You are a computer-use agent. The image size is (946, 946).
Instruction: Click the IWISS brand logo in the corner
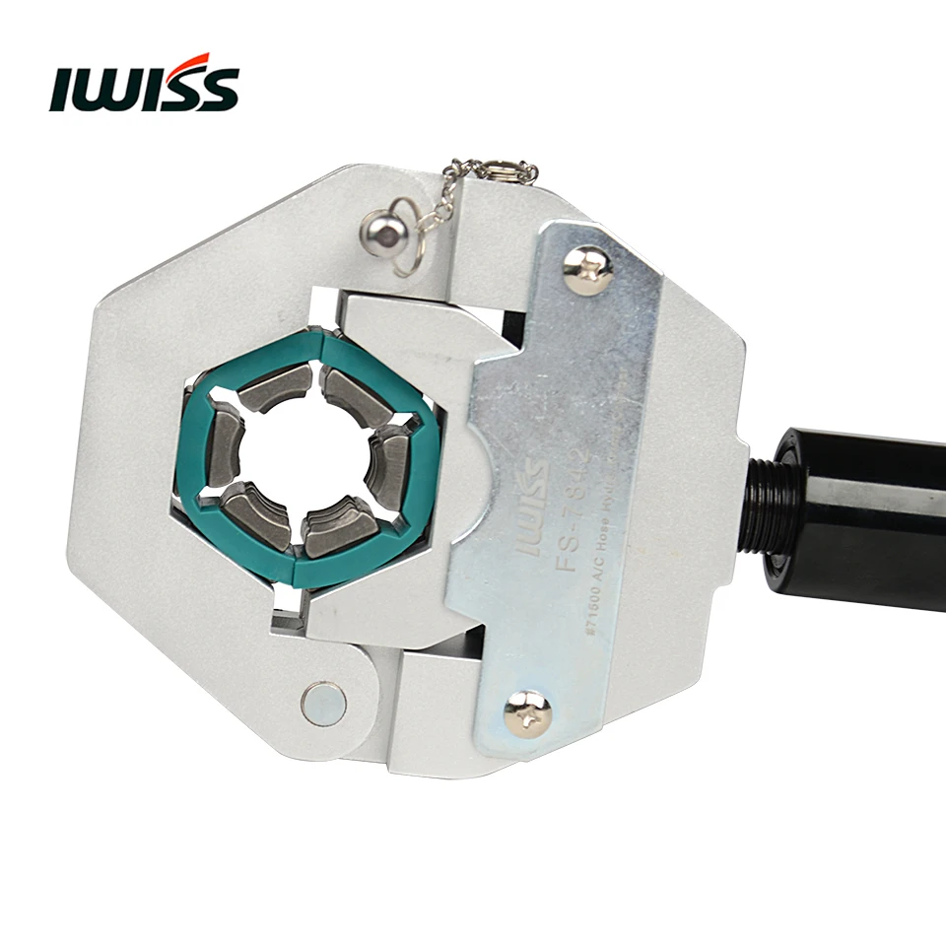pyautogui.click(x=144, y=87)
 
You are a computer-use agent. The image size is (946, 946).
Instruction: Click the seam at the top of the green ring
pyautogui.click(x=318, y=340)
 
